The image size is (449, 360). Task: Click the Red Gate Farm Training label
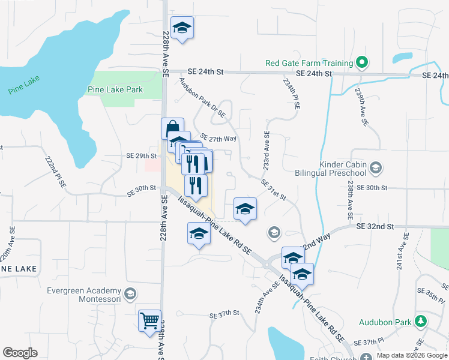309,63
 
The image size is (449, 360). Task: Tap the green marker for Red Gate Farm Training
362,62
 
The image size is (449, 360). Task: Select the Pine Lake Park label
115,89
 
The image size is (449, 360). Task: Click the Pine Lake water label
23,91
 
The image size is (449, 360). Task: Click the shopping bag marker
172,128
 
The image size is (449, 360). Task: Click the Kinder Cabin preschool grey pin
376,167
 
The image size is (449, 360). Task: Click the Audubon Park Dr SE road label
202,96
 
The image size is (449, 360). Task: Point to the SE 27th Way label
218,138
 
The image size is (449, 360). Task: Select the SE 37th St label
224,313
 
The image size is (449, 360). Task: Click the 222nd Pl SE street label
54,173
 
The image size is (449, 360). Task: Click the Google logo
20,353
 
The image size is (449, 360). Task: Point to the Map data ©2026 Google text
412,355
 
